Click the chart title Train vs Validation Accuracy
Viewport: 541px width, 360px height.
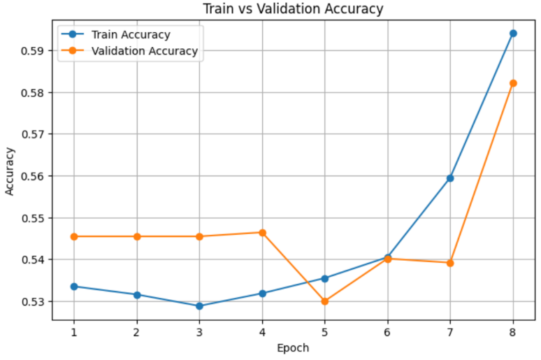click(x=293, y=9)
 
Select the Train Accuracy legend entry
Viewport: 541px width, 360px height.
click(x=115, y=34)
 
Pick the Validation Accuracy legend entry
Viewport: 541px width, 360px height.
click(x=129, y=51)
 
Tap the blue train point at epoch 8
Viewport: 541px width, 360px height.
click(x=513, y=34)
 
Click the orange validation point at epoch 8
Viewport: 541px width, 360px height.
click(x=513, y=83)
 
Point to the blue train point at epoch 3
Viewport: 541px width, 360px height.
click(x=199, y=306)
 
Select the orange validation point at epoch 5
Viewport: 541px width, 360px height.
click(x=324, y=301)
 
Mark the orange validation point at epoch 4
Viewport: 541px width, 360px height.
click(x=262, y=233)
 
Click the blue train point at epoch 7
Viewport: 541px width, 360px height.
click(x=450, y=178)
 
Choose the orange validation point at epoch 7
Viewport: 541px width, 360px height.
click(x=450, y=263)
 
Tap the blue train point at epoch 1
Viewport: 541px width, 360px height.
click(x=74, y=287)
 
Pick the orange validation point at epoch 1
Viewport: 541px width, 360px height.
click(x=74, y=236)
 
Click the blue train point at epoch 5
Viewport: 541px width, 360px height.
click(x=324, y=278)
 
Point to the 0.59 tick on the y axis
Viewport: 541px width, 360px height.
click(x=34, y=51)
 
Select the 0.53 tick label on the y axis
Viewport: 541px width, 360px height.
click(x=34, y=302)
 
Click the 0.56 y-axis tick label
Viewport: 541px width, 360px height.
click(x=34, y=177)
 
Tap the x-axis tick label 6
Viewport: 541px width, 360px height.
click(x=387, y=332)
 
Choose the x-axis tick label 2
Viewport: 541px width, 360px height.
click(x=137, y=332)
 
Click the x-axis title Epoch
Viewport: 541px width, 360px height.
click(x=293, y=348)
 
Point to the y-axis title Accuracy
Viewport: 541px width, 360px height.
click(x=10, y=171)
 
